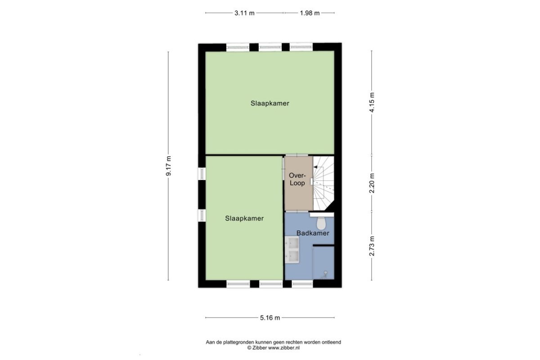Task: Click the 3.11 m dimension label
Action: click(x=244, y=13)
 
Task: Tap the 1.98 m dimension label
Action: click(x=310, y=13)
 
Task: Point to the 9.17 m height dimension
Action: click(x=168, y=166)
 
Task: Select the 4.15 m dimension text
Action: click(x=372, y=102)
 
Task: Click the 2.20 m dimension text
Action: click(x=372, y=183)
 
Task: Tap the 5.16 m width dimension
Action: click(x=270, y=318)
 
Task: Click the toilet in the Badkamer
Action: click(x=321, y=223)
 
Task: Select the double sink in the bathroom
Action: click(x=292, y=250)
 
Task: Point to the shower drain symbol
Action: click(x=326, y=273)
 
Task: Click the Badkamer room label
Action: click(x=313, y=233)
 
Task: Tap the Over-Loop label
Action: click(x=297, y=179)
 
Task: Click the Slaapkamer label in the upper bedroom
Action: click(x=270, y=103)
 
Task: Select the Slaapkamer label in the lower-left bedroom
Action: click(x=244, y=218)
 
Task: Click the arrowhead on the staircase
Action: click(x=315, y=167)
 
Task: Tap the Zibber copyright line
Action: click(x=274, y=348)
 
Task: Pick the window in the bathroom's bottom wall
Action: click(x=302, y=284)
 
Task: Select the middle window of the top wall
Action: click(x=270, y=47)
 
